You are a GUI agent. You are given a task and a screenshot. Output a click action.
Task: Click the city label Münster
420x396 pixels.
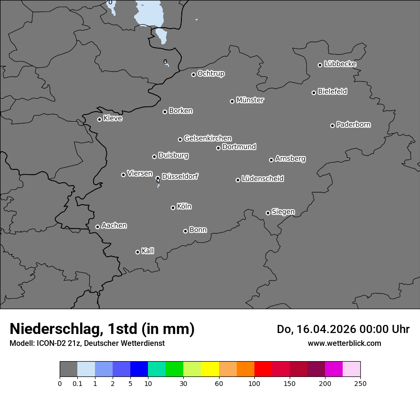250,100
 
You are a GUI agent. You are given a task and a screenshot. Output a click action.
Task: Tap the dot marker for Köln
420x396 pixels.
173,208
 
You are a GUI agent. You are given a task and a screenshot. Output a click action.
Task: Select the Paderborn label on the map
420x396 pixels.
354,125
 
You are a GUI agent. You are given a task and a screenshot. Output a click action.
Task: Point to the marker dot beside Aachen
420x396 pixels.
97,227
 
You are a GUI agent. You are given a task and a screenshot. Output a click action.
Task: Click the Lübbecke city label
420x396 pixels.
340,64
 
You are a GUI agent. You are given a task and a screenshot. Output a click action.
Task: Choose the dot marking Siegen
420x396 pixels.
268,213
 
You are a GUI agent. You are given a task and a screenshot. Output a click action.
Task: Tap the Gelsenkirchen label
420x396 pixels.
208,138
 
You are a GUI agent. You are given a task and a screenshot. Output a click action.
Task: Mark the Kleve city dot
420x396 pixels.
99,119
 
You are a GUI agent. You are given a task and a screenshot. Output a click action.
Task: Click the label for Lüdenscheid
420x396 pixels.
262,179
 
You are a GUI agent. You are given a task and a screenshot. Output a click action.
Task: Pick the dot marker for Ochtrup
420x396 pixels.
193,74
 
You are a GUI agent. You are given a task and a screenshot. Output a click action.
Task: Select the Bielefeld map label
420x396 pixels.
332,91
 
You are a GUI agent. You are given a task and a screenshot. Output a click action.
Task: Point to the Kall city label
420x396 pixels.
148,251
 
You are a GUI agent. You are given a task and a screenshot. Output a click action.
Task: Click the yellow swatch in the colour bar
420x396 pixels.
210,369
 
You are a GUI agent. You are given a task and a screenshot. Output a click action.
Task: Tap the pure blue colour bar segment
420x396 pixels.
139,369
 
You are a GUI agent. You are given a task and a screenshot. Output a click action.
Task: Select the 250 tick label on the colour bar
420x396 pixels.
360,383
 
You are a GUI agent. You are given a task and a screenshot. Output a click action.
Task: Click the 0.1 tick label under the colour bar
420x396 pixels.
77,383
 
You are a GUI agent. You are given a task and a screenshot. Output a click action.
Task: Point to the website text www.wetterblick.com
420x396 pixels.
344,343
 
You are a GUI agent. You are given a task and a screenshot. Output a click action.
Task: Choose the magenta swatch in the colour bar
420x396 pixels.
334,369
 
